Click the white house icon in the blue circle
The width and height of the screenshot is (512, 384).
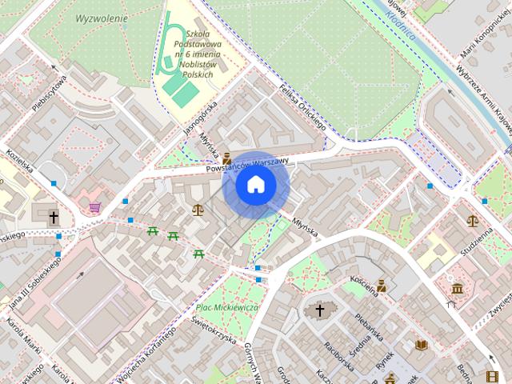point(256,185)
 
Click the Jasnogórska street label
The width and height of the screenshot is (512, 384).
point(200,118)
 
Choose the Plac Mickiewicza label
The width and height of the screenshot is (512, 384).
point(226,306)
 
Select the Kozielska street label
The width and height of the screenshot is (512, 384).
point(18,162)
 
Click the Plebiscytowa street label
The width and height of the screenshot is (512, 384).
point(49,94)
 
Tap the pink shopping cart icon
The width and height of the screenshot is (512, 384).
point(95,208)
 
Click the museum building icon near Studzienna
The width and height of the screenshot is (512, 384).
point(457,288)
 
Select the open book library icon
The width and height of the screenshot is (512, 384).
point(422,345)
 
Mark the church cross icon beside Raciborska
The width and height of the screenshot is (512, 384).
point(319,310)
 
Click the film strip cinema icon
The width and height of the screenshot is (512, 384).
point(491,376)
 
